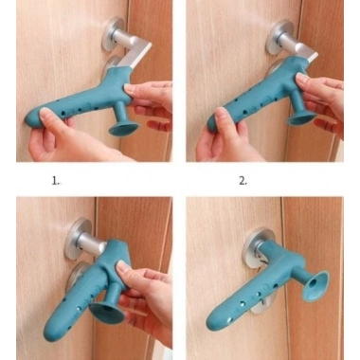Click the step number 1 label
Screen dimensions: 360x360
[55, 181]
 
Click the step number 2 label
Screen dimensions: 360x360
[243, 181]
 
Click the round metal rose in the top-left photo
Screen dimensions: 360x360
[111, 33]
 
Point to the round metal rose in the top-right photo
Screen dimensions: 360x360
[277, 37]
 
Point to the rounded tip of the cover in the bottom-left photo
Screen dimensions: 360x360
[51, 333]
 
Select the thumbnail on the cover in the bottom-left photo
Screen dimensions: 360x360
[121, 268]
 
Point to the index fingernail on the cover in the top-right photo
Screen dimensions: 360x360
[302, 78]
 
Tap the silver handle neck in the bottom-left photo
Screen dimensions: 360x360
[91, 243]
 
